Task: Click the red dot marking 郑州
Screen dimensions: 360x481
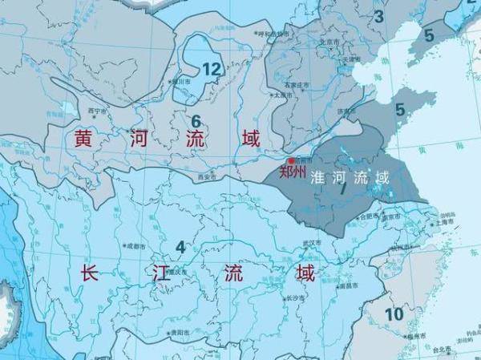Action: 291,161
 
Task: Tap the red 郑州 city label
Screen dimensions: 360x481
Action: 293,171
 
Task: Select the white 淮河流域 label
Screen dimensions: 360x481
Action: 351,177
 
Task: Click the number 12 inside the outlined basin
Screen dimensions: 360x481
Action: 211,69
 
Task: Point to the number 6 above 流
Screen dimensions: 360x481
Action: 195,121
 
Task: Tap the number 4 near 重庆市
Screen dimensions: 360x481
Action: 180,247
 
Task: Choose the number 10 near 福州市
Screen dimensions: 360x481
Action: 394,313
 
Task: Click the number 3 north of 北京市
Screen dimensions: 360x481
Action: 379,15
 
